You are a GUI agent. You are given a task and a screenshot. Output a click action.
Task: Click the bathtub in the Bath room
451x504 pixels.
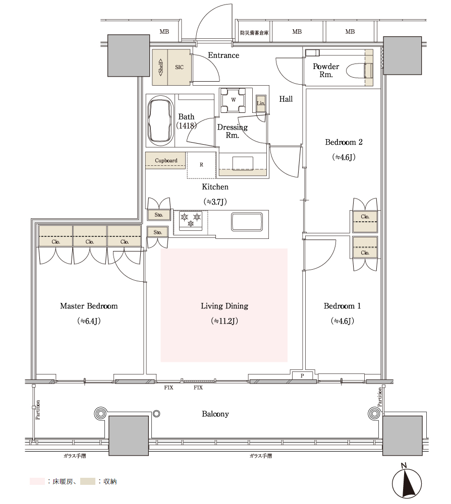point(160,120)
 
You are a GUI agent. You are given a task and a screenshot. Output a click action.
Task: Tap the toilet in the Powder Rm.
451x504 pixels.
point(360,71)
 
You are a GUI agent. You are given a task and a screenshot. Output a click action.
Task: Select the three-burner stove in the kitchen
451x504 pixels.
point(190,221)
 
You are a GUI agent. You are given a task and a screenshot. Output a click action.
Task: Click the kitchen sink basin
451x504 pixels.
point(247,222)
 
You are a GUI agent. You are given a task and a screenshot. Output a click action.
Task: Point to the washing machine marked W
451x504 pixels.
point(233,100)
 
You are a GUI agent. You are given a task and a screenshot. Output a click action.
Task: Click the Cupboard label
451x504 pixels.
point(166,160)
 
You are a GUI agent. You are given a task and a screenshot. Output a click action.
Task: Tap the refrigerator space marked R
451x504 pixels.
point(201,165)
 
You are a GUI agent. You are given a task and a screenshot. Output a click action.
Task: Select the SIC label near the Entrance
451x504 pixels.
point(179,67)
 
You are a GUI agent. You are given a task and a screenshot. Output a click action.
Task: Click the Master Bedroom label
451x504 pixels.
point(89,306)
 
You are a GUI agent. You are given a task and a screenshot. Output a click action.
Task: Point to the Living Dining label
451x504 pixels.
point(224,306)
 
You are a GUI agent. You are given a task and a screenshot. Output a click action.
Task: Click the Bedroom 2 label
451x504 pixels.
point(344,142)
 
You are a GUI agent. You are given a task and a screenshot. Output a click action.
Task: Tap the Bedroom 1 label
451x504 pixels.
point(342,306)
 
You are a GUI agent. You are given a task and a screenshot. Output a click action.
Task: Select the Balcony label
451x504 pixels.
point(215,414)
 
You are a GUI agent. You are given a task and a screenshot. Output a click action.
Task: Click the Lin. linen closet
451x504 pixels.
point(261,103)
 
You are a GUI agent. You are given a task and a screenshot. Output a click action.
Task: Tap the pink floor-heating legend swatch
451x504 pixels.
point(37,481)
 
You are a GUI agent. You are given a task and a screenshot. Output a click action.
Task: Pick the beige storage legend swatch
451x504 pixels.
point(88,481)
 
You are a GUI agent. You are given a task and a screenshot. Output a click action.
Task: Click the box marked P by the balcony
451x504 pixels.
point(302,375)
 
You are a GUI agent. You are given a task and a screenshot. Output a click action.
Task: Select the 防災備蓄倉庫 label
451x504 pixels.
point(254,32)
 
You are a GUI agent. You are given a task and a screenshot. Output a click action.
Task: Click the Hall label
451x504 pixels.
point(286,99)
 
